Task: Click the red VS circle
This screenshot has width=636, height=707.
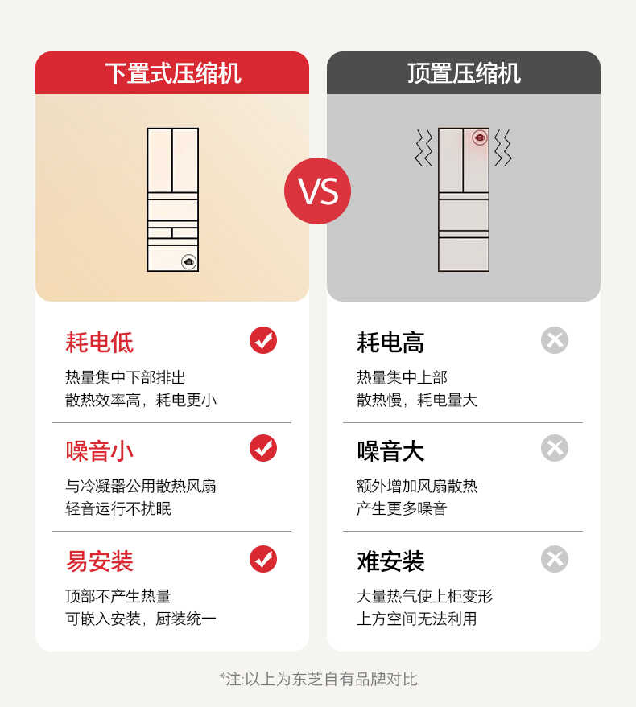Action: click(317, 191)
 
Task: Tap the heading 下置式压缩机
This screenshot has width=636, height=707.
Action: click(172, 73)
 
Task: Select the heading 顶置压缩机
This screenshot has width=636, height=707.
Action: click(464, 73)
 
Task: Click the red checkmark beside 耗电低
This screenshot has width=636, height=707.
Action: click(263, 340)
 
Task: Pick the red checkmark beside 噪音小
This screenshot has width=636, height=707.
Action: click(263, 449)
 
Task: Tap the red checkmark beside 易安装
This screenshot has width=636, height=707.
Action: click(263, 558)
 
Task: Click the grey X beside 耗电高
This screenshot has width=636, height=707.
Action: click(555, 340)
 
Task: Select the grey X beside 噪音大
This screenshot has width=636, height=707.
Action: click(555, 449)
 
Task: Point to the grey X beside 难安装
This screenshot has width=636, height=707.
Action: click(555, 558)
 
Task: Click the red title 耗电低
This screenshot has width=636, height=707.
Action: click(99, 343)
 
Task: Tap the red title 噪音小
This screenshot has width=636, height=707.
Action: click(99, 451)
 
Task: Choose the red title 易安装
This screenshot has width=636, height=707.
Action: click(99, 561)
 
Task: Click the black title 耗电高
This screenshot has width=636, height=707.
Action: click(390, 343)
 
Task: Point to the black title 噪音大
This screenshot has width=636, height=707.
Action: click(390, 451)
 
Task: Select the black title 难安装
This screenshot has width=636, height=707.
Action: click(390, 561)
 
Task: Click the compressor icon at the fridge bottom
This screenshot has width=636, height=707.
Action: click(188, 261)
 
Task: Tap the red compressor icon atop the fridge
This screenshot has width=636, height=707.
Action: click(480, 138)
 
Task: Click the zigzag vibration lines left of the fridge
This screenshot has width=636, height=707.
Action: click(423, 148)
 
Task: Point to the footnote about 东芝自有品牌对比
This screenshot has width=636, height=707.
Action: click(318, 679)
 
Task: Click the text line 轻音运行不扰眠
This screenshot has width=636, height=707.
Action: click(118, 508)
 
